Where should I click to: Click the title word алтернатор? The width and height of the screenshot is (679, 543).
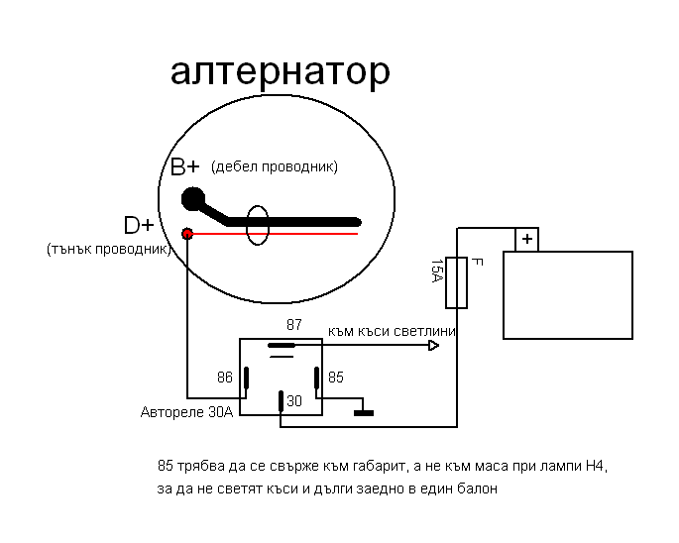[281, 71]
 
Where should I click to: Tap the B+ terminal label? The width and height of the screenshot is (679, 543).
[185, 166]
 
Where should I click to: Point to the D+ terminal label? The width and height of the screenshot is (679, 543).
[139, 225]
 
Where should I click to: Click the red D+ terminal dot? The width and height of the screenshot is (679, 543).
[186, 234]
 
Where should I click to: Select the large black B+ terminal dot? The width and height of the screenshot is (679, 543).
[193, 199]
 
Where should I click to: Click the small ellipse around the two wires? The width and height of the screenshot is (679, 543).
[258, 226]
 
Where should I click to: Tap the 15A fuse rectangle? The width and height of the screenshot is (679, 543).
[458, 282]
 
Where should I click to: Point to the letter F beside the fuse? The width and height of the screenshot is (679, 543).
[477, 263]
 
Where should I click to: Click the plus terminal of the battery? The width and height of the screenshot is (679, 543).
[526, 240]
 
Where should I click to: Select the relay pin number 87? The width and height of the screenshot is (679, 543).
[293, 325]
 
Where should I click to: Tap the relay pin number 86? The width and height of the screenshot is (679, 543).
[224, 378]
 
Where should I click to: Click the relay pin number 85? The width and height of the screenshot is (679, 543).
[336, 378]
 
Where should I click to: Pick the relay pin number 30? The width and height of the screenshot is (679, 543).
[294, 401]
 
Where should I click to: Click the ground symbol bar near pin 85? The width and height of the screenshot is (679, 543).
[364, 412]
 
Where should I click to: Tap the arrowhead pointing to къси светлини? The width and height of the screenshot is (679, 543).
[433, 346]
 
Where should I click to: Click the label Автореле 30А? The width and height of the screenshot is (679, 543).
[186, 412]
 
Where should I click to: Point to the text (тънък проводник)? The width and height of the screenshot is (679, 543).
[108, 249]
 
